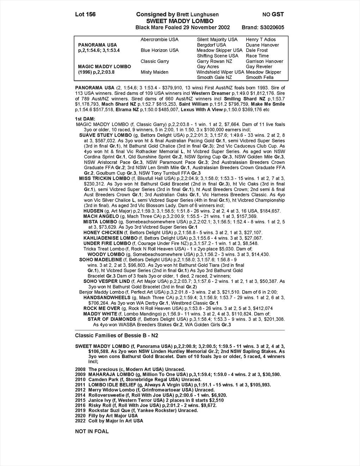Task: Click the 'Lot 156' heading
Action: tap(85, 14)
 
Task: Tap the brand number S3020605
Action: tap(271, 28)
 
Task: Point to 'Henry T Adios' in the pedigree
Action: tap(261, 40)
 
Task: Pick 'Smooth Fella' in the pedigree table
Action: tap(260, 77)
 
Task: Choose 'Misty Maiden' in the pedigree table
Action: tap(154, 72)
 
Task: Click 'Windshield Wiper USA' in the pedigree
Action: tap(220, 72)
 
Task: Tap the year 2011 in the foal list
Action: tap(80, 385)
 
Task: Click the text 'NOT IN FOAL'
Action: tap(92, 431)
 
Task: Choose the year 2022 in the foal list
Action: tap(80, 421)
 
